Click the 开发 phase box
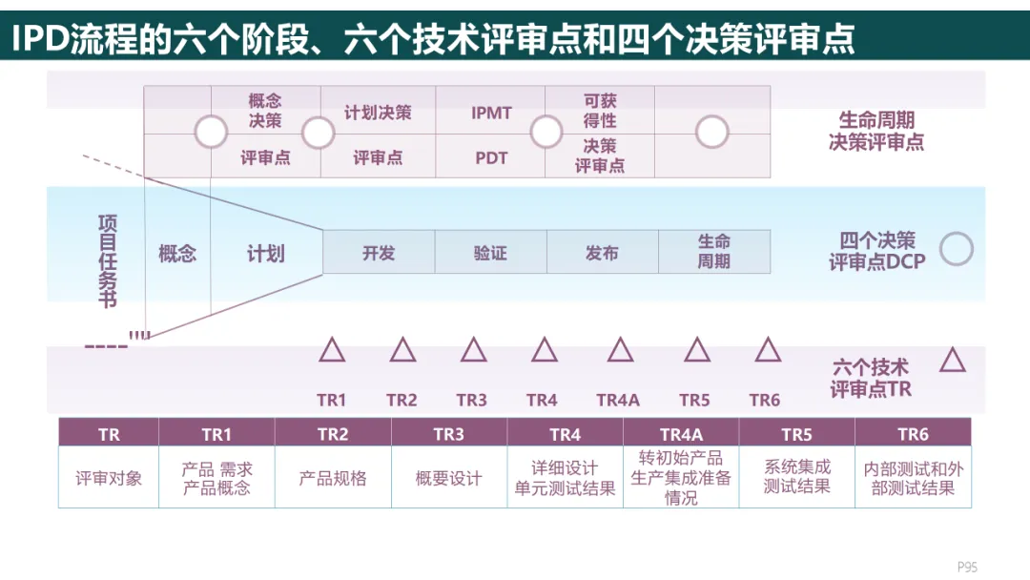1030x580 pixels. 379,253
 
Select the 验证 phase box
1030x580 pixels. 490,253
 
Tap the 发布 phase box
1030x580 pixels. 602,253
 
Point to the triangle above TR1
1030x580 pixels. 332,351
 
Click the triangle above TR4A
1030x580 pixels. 620,351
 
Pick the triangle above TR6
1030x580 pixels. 768,351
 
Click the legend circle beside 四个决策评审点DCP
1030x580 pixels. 956,249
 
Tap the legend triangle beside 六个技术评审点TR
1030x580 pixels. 952,361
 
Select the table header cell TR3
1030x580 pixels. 448,434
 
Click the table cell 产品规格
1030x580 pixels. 333,478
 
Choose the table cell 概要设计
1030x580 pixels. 448,478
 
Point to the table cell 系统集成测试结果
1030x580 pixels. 796,477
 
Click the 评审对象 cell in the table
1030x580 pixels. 109,478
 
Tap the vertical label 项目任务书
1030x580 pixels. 108,260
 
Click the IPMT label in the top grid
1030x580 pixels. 491,113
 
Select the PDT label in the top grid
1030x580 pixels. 491,158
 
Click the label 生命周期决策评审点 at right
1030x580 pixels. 875,132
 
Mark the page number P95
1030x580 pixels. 967,567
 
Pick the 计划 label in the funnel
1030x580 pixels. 265,254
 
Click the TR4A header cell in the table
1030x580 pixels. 681,434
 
